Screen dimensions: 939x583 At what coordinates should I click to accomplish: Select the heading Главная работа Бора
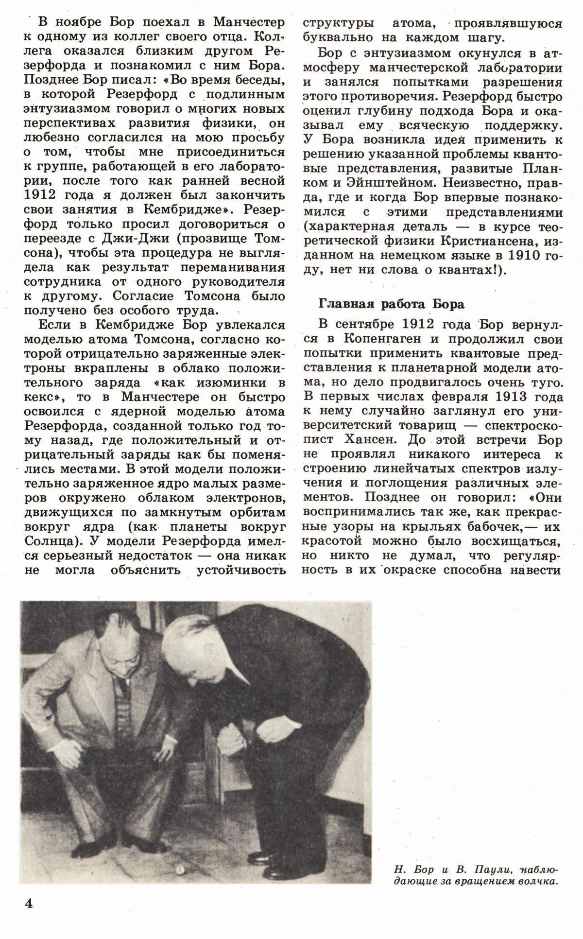(x=391, y=304)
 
